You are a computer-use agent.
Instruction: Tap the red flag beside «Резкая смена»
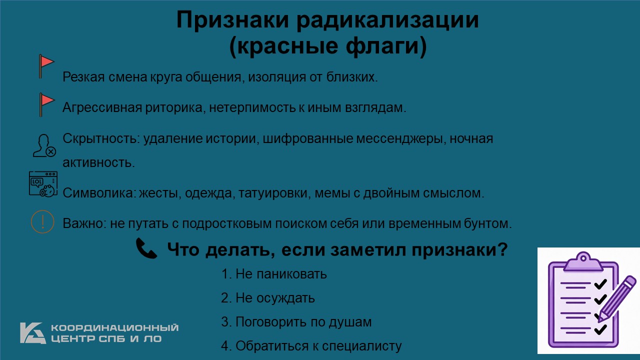click(46, 66)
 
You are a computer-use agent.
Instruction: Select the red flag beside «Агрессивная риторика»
click(46, 104)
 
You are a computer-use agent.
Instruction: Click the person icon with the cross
click(44, 145)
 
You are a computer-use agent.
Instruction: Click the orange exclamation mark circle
click(42, 221)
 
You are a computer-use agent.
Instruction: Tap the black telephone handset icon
click(146, 248)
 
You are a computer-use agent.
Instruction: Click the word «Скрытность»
click(101, 138)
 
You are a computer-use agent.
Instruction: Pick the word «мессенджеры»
click(401, 139)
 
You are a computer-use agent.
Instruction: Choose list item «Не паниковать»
click(274, 274)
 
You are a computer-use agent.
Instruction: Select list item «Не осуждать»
click(268, 298)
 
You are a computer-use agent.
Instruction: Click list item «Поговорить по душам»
click(296, 322)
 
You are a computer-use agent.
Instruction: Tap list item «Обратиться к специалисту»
click(311, 346)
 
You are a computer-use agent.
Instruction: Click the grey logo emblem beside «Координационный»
click(33, 333)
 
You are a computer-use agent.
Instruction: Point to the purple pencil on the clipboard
click(617, 299)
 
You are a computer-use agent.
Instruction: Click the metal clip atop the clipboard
click(583, 261)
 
